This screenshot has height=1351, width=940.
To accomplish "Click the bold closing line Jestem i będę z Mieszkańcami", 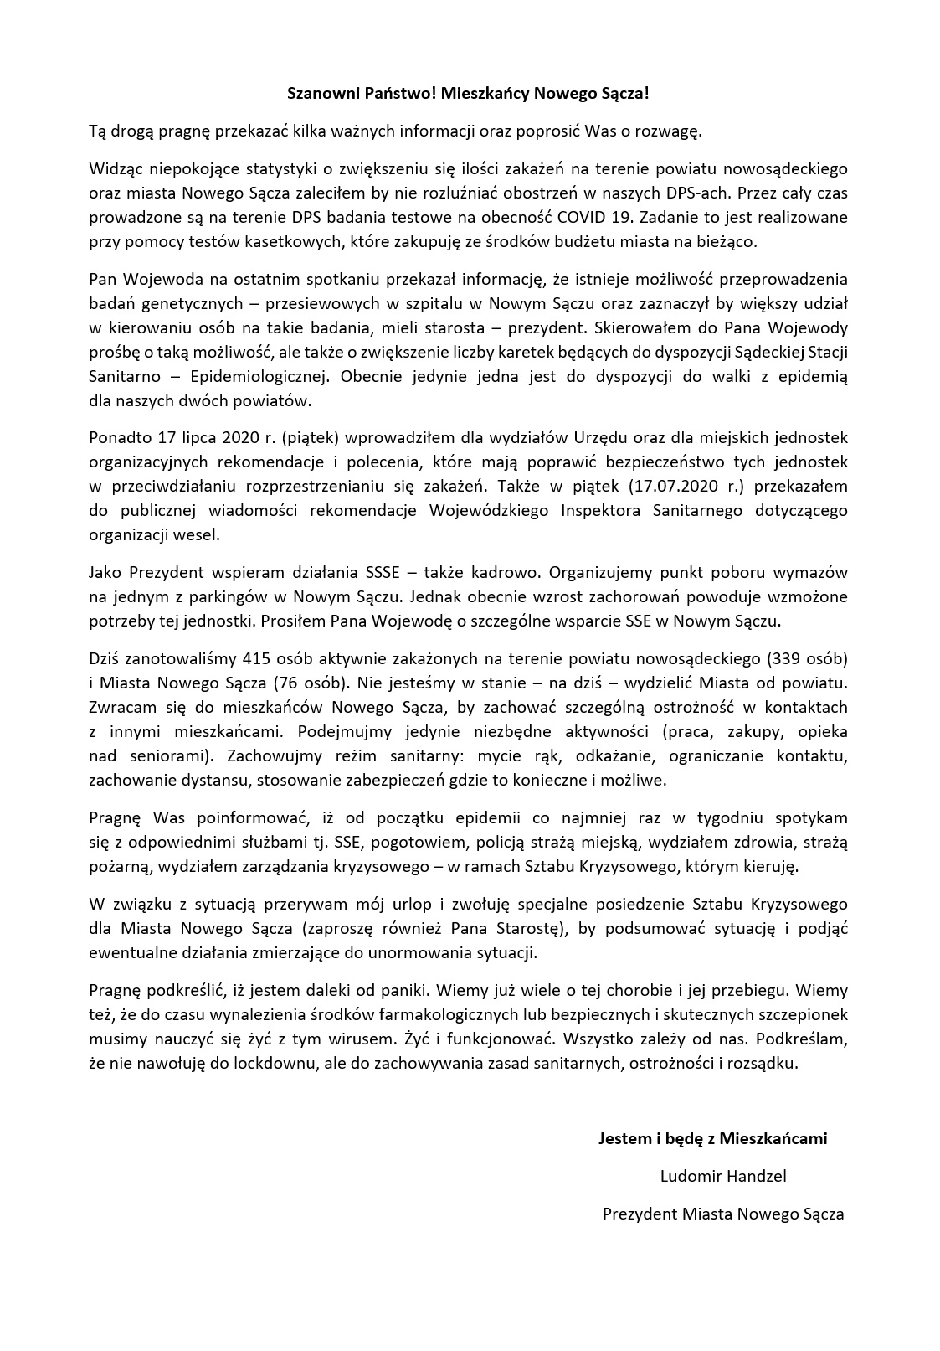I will point(712,1138).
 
